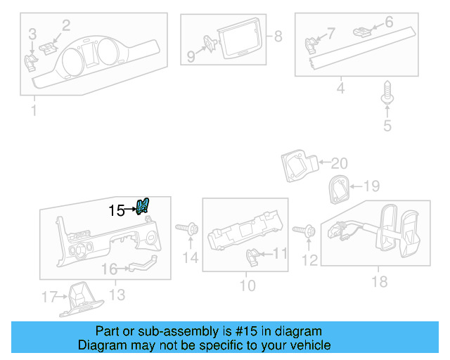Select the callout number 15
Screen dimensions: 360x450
coord(117,210)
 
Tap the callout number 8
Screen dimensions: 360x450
coord(278,36)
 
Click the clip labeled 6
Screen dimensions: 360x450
coord(362,30)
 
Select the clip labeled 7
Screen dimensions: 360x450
coord(311,46)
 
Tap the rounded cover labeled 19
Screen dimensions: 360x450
coord(338,188)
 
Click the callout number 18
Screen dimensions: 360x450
coord(380,282)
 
